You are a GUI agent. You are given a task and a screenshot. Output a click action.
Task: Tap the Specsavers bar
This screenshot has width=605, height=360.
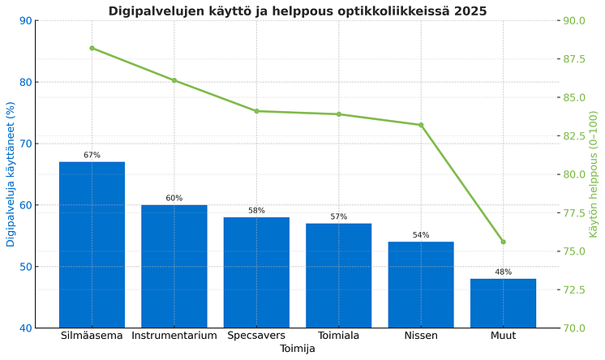256,272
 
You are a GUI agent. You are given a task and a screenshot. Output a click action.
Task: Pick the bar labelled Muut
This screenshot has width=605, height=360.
503,303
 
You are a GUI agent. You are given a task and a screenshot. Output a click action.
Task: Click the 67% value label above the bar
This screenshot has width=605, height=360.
92,155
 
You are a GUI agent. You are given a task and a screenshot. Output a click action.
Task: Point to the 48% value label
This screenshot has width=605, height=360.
503,272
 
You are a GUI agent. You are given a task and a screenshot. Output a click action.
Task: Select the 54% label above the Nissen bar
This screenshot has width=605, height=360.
421,235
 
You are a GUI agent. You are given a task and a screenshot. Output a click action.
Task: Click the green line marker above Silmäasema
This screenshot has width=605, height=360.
92,49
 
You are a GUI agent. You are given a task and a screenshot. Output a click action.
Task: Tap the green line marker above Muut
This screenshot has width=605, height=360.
503,242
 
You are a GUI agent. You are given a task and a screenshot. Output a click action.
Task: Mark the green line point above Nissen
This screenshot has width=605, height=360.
421,125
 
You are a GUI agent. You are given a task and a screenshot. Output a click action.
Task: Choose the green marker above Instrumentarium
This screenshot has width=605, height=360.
174,80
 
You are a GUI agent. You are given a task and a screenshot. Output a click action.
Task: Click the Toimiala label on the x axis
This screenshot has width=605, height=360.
339,336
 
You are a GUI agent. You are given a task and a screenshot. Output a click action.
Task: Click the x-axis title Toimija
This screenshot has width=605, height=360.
298,349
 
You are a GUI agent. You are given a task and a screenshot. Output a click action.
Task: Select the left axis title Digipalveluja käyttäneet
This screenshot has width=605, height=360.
11,174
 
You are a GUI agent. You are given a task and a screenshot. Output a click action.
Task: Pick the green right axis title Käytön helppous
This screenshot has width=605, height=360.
594,174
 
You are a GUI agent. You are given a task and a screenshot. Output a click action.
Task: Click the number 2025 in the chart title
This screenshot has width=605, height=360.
470,11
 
